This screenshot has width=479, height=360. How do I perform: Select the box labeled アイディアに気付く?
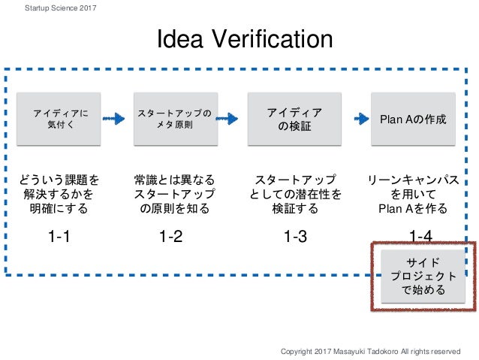(60, 119)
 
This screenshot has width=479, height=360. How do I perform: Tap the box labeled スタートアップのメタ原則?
(174, 119)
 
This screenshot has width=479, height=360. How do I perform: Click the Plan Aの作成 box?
(413, 119)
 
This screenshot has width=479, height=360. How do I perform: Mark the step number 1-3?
(295, 237)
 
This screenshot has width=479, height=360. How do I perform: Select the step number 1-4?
(420, 237)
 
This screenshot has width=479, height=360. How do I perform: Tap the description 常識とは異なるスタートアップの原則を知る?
(174, 195)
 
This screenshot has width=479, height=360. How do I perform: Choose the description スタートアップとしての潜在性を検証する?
(295, 195)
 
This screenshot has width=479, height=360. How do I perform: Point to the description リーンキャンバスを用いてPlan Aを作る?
(413, 195)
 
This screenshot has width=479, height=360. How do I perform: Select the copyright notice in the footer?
(369, 351)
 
